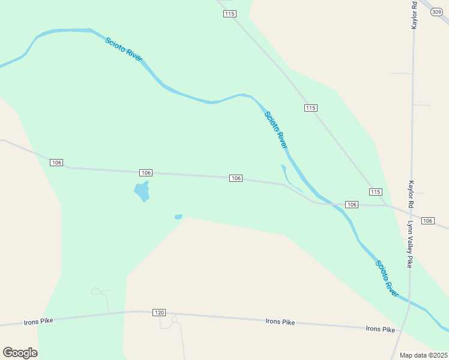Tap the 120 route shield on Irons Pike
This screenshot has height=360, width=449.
tap(158, 313)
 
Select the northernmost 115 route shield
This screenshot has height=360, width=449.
tap(229, 14)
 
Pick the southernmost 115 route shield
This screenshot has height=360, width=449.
tap(375, 191)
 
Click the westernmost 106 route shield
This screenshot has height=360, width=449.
tap(56, 163)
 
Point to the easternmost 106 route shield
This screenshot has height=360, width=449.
tap(427, 221)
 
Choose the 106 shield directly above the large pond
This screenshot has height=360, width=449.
tap(145, 173)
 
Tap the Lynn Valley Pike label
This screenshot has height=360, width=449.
tap(411, 244)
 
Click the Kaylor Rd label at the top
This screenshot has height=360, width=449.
tap(414, 14)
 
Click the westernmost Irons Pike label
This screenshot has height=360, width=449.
tap(38, 321)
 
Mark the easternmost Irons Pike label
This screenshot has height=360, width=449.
tap(381, 329)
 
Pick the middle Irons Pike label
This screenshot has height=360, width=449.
tap(280, 322)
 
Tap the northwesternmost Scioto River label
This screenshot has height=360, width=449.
tap(124, 50)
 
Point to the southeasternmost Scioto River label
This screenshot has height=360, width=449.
tap(387, 278)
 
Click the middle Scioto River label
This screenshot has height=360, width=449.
tap(276, 130)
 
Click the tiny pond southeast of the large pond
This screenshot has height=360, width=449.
tap(178, 217)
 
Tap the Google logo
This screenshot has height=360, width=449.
tap(20, 353)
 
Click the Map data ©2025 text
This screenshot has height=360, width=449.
tap(423, 355)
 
